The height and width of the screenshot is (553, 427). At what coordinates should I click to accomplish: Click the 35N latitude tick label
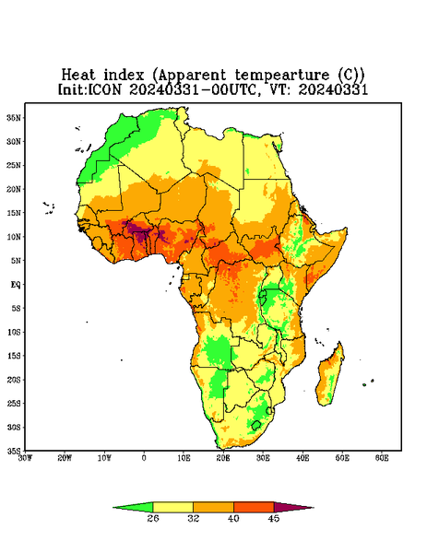(14, 118)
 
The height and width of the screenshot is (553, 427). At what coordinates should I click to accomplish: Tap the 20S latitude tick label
(14, 380)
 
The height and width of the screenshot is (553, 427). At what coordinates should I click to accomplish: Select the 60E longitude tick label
(382, 458)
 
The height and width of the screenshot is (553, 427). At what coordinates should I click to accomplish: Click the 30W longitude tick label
(25, 458)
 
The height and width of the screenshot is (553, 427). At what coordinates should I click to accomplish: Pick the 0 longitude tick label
(144, 458)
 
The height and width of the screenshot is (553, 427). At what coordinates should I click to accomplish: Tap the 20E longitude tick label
(223, 458)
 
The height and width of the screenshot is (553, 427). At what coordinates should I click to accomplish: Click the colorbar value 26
(153, 518)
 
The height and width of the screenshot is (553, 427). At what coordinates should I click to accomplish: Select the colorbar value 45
(274, 518)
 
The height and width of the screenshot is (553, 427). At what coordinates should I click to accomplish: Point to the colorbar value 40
(233, 518)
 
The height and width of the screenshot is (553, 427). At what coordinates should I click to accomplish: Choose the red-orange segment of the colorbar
(254, 508)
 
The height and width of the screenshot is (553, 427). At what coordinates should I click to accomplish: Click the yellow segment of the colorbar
(173, 508)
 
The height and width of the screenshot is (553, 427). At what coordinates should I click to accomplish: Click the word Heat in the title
(78, 76)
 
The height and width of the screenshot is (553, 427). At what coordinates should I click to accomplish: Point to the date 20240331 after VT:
(333, 89)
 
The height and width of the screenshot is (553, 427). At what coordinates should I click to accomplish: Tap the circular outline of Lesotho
(256, 425)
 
